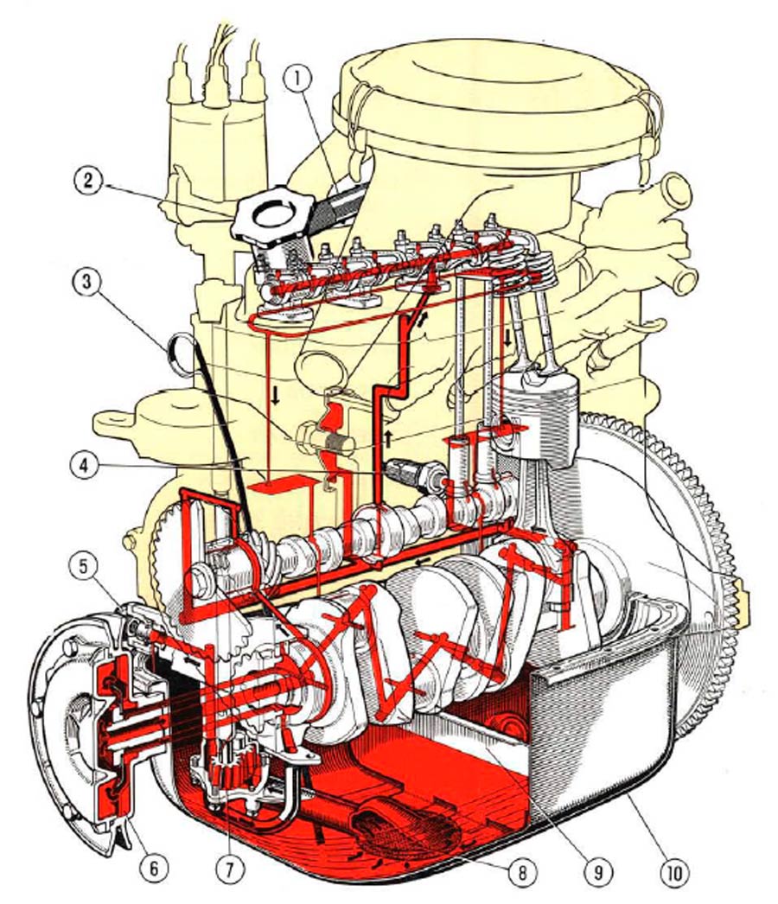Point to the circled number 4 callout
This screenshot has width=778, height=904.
[84, 467]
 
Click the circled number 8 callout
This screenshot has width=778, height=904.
[520, 871]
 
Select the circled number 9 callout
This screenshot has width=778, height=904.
[597, 871]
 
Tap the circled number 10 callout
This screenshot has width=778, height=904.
[674, 871]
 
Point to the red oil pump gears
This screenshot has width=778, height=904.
[234, 766]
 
